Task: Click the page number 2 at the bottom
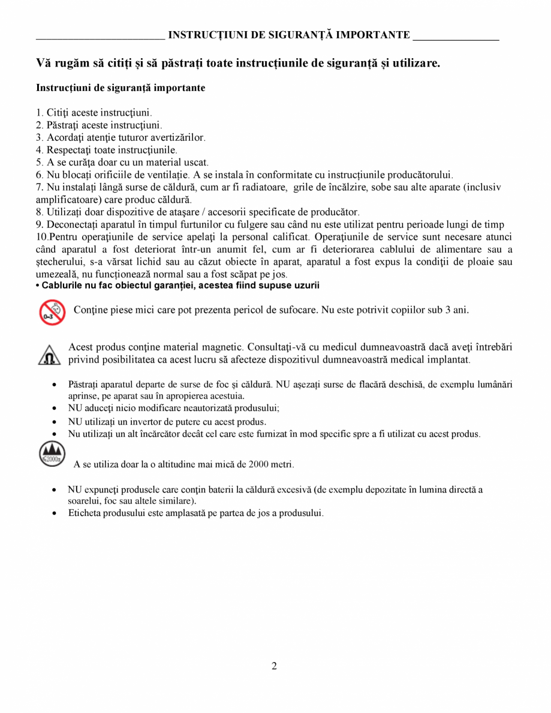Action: point(274,666)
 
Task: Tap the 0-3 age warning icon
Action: point(52,313)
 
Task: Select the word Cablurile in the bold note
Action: point(61,285)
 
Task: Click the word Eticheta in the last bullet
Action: point(84,513)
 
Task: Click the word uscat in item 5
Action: point(195,162)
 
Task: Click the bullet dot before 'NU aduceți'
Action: point(55,409)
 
